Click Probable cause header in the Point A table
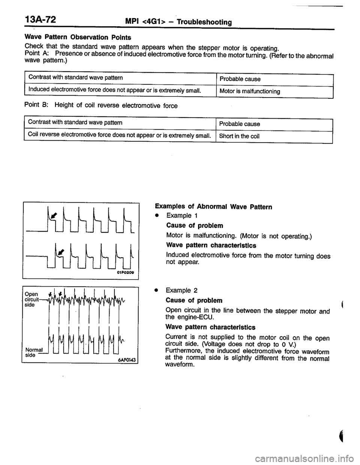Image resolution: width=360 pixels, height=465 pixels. pyautogui.click(x=240, y=79)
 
